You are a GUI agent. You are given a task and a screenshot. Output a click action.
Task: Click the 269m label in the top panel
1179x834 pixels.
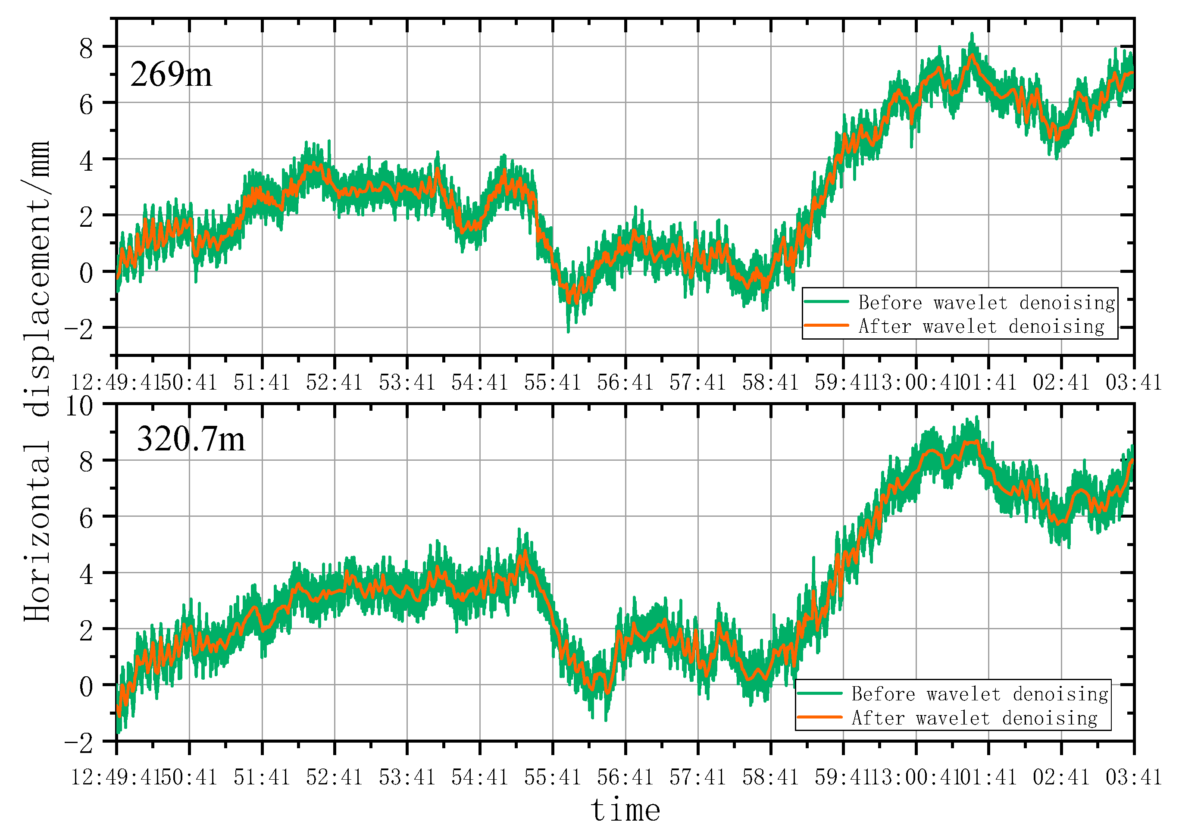click(x=171, y=75)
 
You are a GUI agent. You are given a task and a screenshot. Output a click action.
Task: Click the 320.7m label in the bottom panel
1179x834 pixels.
click(x=191, y=440)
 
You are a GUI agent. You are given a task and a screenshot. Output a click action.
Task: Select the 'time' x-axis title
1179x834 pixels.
click(x=625, y=810)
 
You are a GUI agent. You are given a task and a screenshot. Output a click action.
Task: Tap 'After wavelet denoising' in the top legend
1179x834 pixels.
click(x=981, y=326)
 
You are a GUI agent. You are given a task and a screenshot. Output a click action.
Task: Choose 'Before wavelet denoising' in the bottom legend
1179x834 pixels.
click(x=980, y=694)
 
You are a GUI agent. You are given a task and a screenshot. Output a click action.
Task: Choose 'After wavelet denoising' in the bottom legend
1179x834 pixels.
click(x=975, y=718)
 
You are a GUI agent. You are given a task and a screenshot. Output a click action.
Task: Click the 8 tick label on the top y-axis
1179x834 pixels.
click(x=86, y=49)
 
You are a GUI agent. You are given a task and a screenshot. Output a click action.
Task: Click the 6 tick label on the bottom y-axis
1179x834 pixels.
click(x=86, y=518)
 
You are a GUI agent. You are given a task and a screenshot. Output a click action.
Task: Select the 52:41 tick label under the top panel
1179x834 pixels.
click(x=334, y=383)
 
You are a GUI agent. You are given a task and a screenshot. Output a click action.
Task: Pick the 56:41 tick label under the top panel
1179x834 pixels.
click(x=625, y=383)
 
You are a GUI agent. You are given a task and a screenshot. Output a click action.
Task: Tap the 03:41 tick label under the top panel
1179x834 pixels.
click(x=1133, y=383)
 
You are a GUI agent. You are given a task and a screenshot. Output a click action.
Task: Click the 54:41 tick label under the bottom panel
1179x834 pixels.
click(x=480, y=778)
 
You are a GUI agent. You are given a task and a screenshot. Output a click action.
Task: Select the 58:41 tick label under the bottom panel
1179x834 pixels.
click(x=770, y=778)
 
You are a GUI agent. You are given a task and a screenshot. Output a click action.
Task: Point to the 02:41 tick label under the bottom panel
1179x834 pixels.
click(x=1061, y=778)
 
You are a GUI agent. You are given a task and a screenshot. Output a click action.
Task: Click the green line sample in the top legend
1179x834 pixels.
click(x=826, y=301)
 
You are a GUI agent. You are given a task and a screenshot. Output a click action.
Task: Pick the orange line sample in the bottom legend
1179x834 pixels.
click(x=819, y=717)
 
